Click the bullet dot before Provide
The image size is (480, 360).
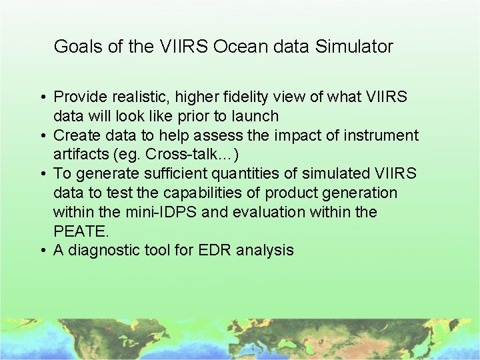[41, 97]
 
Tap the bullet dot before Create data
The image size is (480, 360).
[41, 136]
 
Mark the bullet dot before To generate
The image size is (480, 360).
[41, 175]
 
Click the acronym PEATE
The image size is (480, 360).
[79, 231]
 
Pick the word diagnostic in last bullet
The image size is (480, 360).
[102, 251]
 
